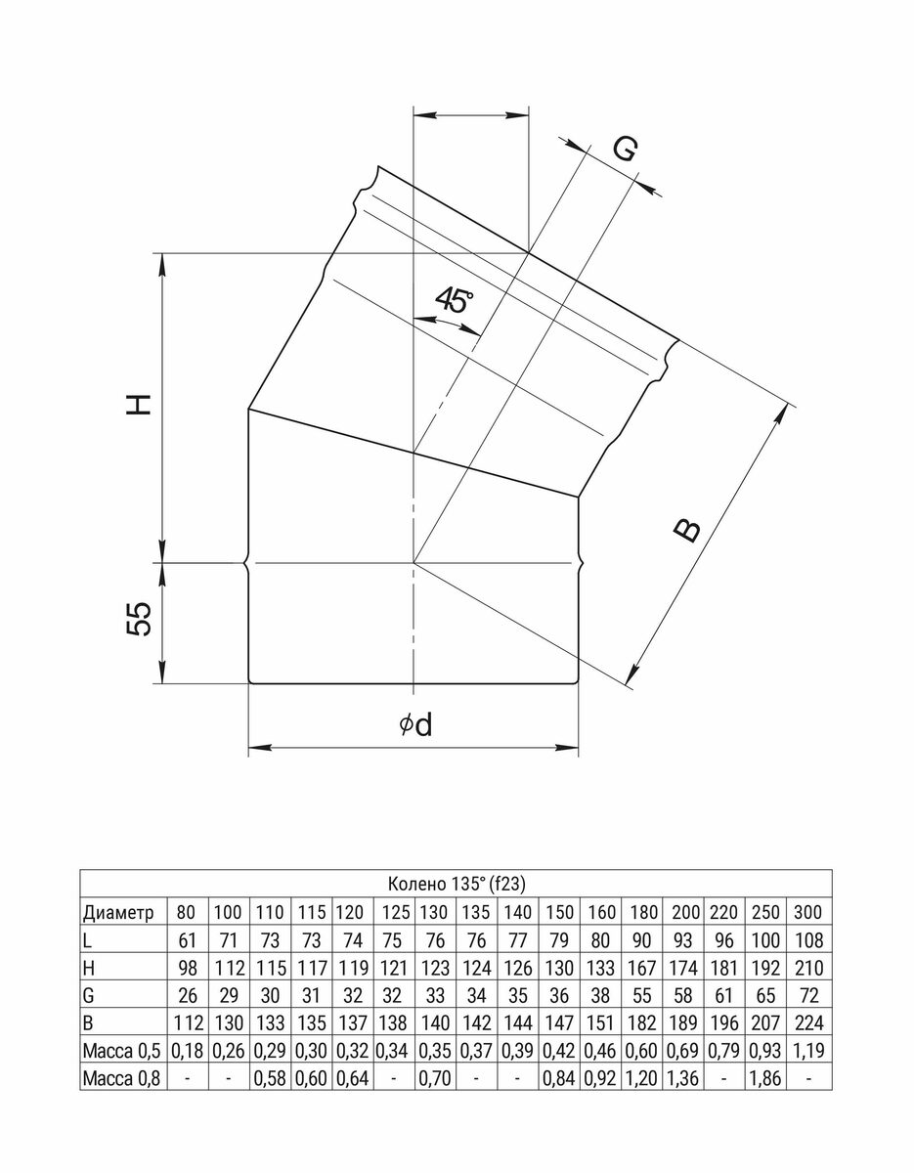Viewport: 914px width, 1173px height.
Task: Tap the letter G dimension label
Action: click(626, 150)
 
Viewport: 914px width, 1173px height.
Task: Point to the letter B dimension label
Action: click(689, 529)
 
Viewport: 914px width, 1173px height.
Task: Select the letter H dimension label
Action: click(141, 404)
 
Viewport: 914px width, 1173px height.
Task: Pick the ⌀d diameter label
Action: click(415, 724)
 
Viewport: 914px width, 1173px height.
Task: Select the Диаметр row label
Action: click(119, 913)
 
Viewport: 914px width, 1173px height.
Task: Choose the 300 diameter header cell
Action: click(808, 913)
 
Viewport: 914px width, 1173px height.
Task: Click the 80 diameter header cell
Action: click(188, 913)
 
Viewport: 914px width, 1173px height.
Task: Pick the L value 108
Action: click(808, 940)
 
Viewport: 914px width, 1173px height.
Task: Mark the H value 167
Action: click(643, 968)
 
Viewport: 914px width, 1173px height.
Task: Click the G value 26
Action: click(188, 995)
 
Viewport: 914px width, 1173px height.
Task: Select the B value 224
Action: click(808, 1022)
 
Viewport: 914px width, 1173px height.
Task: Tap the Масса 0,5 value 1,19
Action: click(808, 1050)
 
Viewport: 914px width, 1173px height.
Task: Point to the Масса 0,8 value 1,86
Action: click(766, 1077)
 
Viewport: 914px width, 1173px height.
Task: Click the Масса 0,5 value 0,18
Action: click(188, 1050)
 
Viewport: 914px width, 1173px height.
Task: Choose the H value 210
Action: click(808, 968)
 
